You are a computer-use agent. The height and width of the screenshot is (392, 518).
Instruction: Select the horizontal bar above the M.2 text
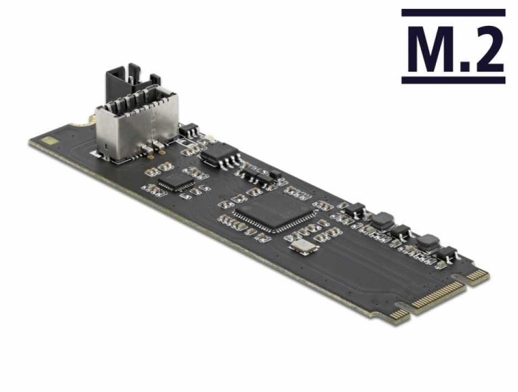pos(453,12)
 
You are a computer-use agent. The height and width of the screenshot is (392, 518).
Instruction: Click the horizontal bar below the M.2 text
pos(453,80)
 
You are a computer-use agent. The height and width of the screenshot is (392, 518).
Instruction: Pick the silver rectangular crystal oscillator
pos(304,248)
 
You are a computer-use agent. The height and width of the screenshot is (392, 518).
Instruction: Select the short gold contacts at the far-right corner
pos(477,276)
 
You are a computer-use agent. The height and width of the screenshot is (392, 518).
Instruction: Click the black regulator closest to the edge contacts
pos(447,253)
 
